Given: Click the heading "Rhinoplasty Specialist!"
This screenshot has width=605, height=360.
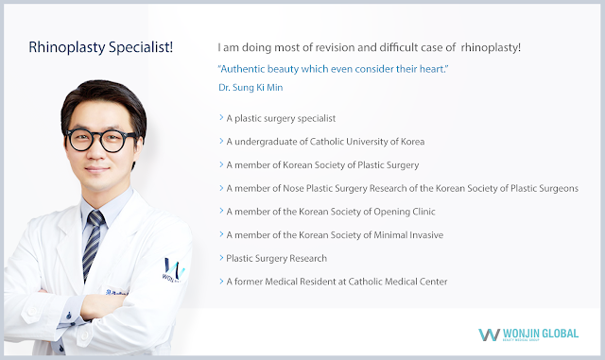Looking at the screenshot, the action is (x=101, y=47).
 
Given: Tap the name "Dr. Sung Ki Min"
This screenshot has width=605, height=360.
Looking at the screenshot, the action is (x=251, y=88).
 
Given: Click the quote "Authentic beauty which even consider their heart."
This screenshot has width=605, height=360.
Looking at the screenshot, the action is (x=334, y=69).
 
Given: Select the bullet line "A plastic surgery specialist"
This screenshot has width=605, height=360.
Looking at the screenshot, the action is (x=281, y=118).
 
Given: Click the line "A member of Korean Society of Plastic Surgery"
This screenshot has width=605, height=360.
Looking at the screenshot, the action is (x=322, y=165).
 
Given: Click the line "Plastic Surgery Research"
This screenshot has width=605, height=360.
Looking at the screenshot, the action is (x=277, y=259).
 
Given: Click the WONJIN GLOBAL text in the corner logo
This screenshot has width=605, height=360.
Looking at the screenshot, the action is (x=541, y=334).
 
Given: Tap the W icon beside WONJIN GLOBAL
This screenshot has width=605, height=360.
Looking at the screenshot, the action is (x=489, y=334).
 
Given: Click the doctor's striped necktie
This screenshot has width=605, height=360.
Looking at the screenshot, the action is (x=93, y=243).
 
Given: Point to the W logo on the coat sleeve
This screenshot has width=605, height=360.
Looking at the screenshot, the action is (x=173, y=269).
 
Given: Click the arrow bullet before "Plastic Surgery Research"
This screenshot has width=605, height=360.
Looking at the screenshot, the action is (x=221, y=258).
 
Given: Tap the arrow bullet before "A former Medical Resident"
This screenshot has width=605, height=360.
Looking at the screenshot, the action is (x=221, y=282).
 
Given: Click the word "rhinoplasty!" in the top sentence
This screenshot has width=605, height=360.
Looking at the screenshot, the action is (x=491, y=48).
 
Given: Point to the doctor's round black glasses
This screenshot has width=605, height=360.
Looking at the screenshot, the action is (x=102, y=140).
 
